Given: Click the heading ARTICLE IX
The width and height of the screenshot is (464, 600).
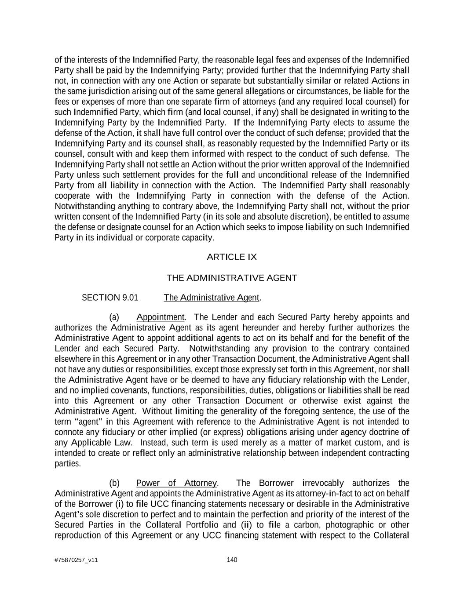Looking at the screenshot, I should pyautogui.click(x=232, y=257).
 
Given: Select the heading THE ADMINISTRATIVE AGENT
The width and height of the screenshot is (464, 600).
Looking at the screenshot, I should pyautogui.click(x=232, y=278).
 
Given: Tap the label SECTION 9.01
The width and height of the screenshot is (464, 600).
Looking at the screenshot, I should pyautogui.click(x=110, y=298).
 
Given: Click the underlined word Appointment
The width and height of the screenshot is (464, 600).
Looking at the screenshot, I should pyautogui.click(x=161, y=317).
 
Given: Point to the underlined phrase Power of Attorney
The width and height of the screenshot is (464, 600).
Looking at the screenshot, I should pyautogui.click(x=176, y=483).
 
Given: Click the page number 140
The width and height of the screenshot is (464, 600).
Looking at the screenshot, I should pyautogui.click(x=232, y=560).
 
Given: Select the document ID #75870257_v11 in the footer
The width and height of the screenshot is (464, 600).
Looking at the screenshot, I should pyautogui.click(x=76, y=560).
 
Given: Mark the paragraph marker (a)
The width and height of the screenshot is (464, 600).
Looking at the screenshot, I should pyautogui.click(x=114, y=317).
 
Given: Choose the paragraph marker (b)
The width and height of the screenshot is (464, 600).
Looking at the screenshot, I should pyautogui.click(x=114, y=483).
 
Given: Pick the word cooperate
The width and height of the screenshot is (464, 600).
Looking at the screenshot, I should pyautogui.click(x=71, y=196).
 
